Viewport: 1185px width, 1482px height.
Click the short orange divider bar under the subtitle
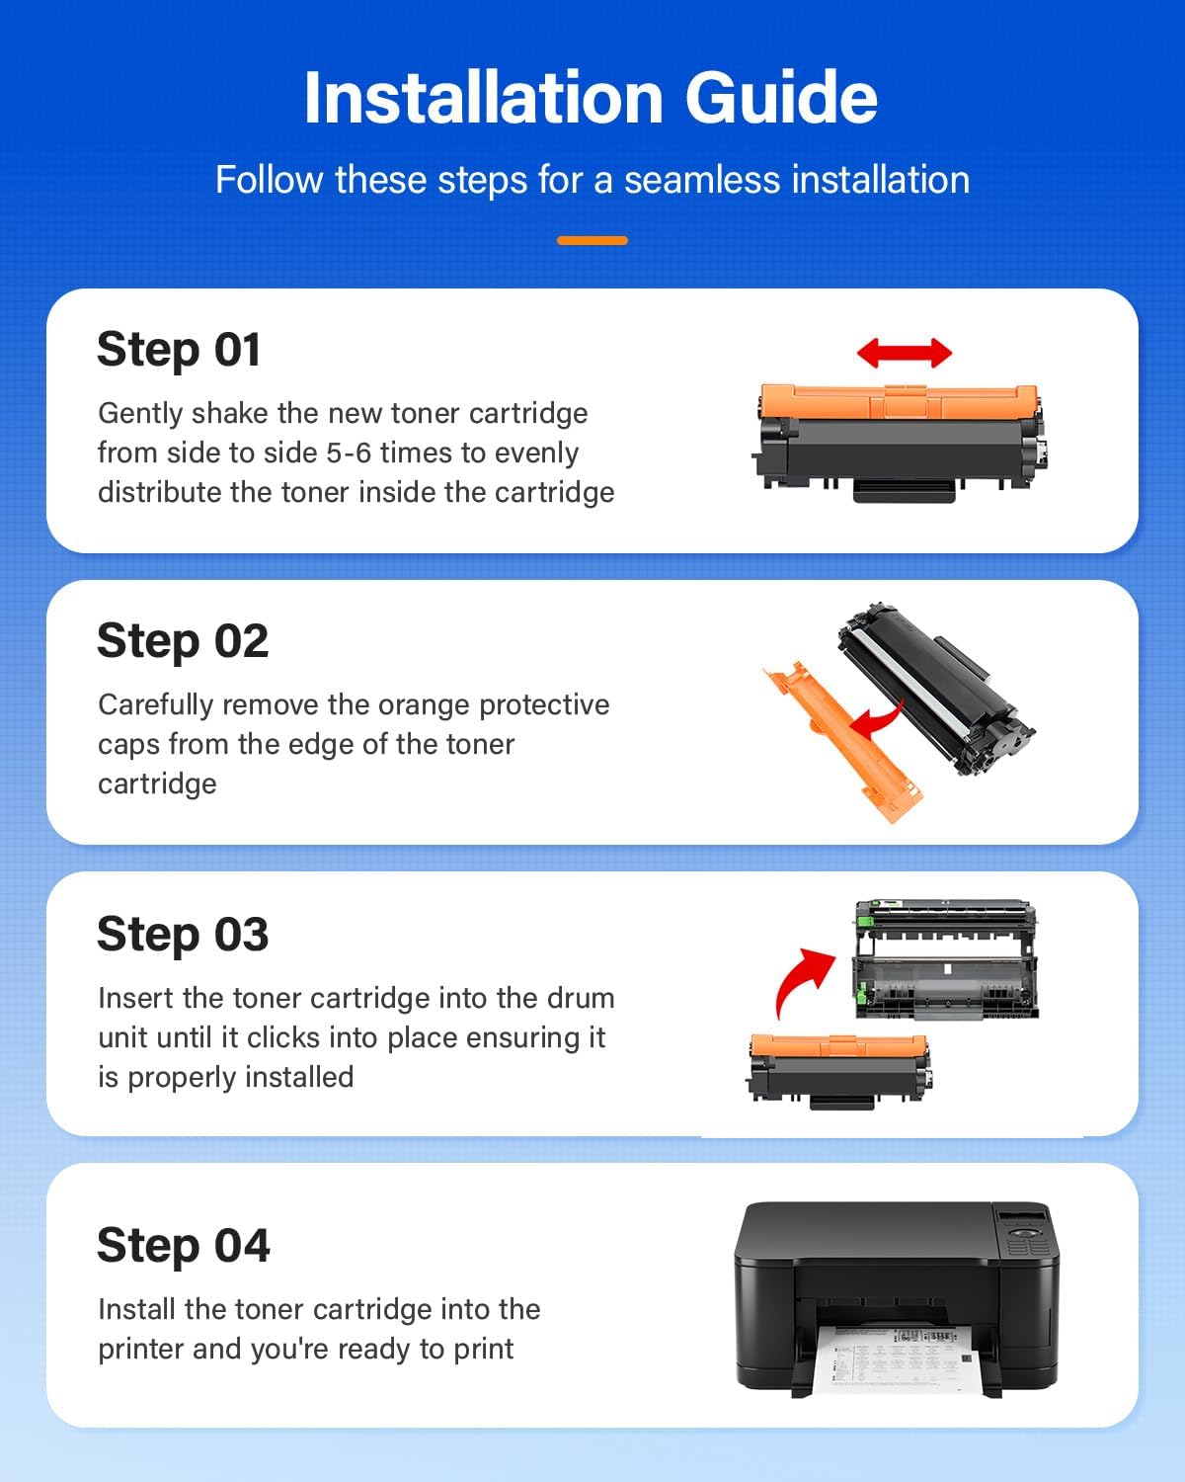pyautogui.click(x=592, y=240)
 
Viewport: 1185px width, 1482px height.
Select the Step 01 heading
pyautogui.click(x=179, y=350)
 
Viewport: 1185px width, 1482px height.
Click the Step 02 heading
pyautogui.click(x=183, y=641)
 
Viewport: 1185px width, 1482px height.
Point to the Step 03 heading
pyautogui.click(x=183, y=935)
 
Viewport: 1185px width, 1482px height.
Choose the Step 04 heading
pyautogui.click(x=184, y=1246)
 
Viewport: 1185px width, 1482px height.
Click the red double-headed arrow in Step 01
pyautogui.click(x=904, y=352)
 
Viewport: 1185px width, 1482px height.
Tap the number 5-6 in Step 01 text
pyautogui.click(x=349, y=453)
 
